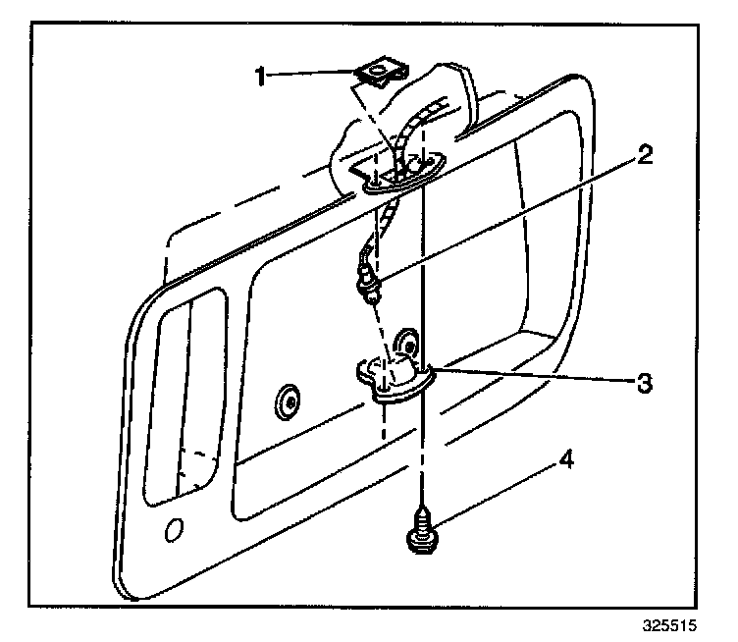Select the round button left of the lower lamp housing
(289, 400)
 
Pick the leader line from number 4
(491, 497)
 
